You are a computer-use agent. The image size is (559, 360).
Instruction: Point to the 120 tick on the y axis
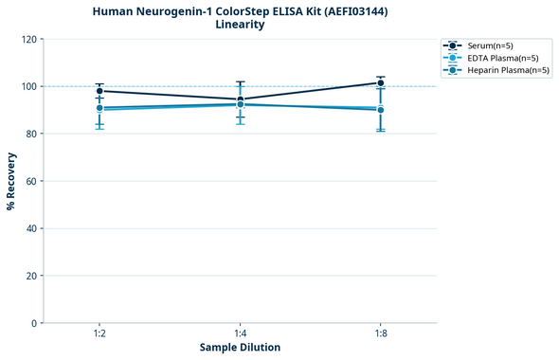[29, 39]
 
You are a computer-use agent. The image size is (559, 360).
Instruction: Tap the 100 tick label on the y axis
[29, 86]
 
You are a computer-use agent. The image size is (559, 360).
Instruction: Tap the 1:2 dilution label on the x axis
[99, 333]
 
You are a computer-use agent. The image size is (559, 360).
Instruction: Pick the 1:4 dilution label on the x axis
[240, 333]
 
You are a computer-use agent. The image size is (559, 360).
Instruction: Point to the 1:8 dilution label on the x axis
[380, 333]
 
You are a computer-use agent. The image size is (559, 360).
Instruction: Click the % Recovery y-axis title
[11, 181]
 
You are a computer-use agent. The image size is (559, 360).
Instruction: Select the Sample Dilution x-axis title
[240, 348]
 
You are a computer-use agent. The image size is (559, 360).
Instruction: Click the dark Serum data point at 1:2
[99, 91]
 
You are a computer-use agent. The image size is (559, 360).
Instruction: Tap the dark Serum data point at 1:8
[380, 83]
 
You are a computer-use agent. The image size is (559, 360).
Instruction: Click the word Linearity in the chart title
[240, 25]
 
